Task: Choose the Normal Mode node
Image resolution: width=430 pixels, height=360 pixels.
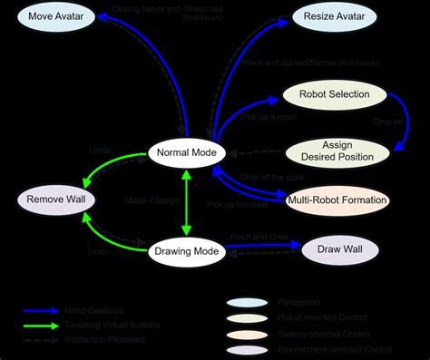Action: tap(186, 152)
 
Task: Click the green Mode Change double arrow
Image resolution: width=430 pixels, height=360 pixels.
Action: tap(186, 200)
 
